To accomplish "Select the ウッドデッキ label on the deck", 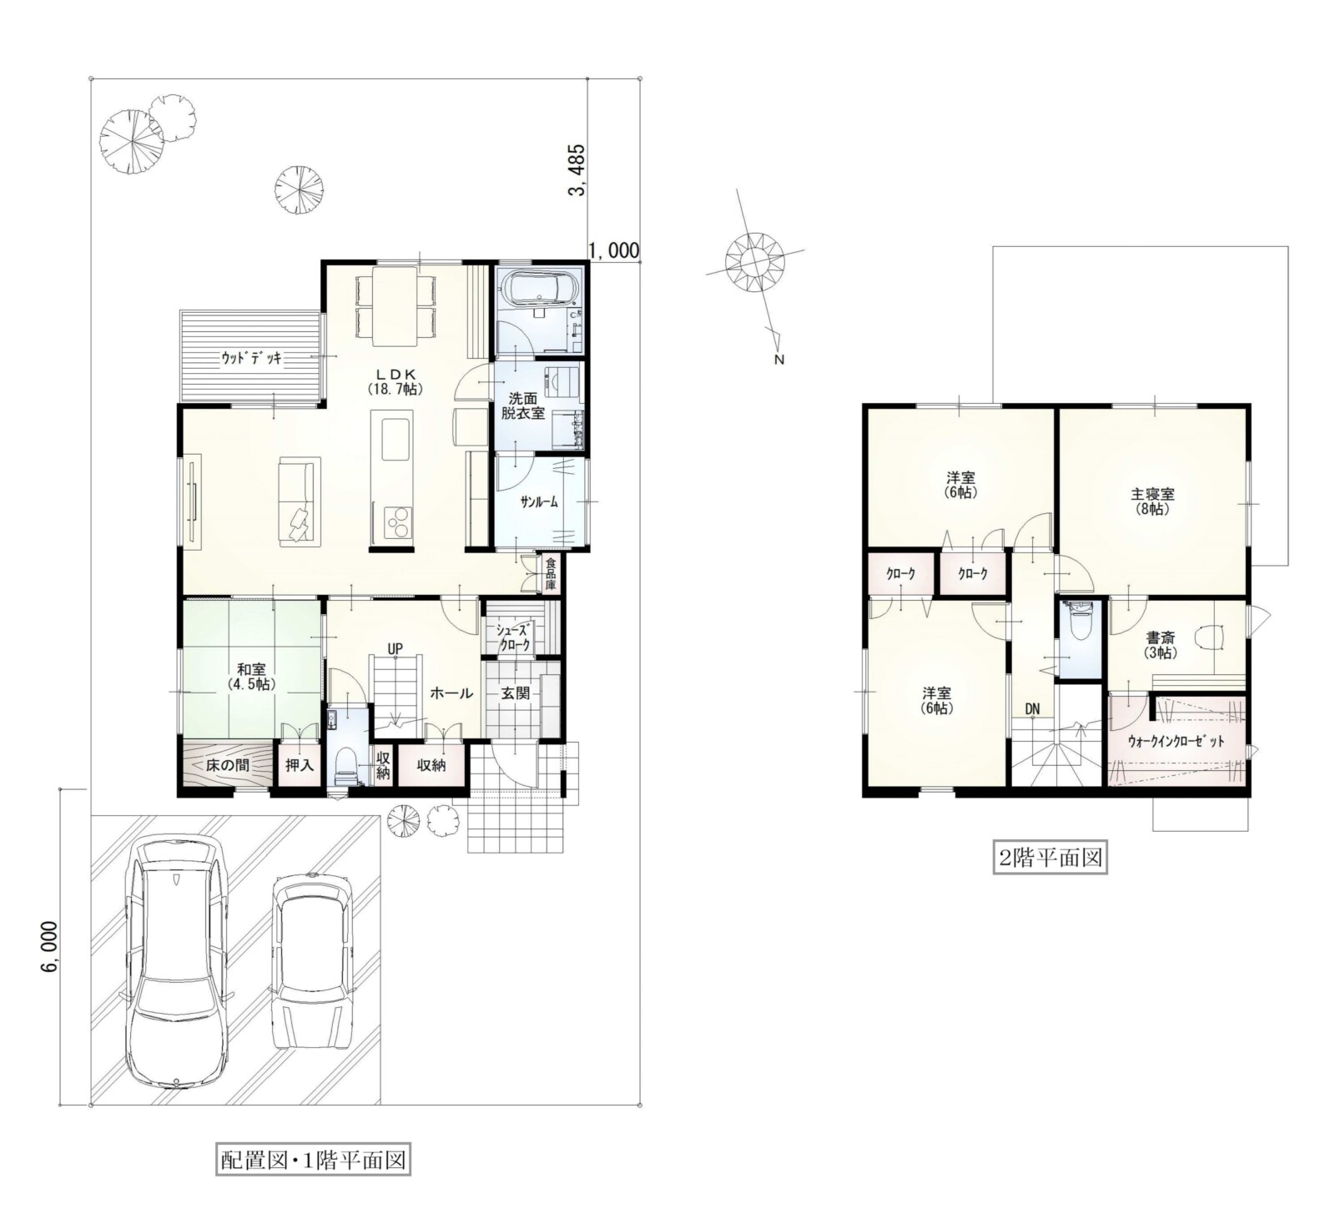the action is [251, 358].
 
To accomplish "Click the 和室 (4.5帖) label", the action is [251, 676].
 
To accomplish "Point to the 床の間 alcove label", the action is [227, 764].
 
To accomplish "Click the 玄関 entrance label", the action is [516, 693].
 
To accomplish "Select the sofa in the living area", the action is [299, 501].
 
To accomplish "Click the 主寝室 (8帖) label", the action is [1154, 501].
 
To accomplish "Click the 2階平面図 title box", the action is [1050, 857].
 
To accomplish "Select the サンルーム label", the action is [538, 501].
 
